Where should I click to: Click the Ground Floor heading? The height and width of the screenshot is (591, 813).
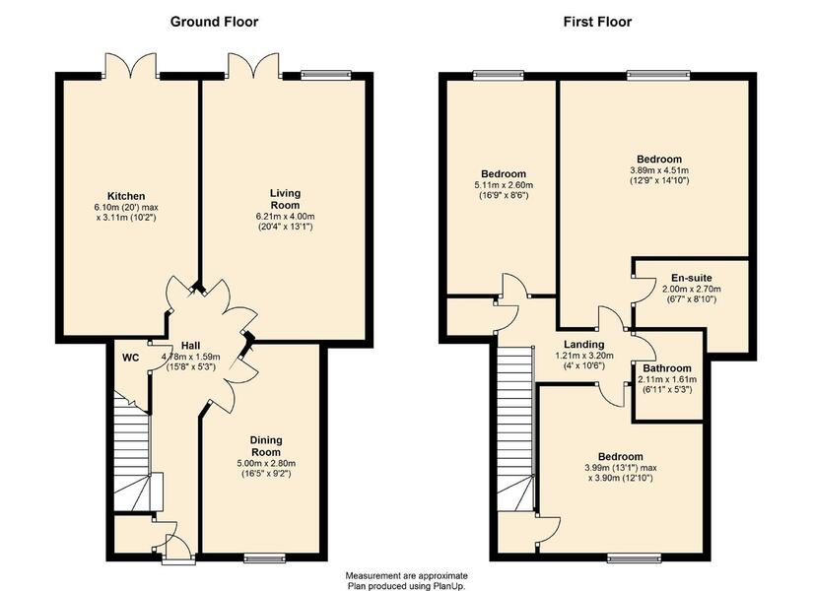click(214, 22)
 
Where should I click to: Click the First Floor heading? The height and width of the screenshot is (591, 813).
click(597, 22)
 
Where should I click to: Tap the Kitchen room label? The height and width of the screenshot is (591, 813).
click(126, 196)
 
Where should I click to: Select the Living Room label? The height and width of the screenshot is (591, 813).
click(285, 199)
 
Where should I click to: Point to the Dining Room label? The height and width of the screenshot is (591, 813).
click(266, 446)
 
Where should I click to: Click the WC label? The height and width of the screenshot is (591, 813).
click(131, 358)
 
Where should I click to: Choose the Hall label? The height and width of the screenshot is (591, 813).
click(191, 346)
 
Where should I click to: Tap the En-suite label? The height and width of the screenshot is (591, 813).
click(692, 278)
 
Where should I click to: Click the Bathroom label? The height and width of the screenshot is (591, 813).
click(667, 368)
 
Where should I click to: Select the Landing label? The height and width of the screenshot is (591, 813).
click(583, 344)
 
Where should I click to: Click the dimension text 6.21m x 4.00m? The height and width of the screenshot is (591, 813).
click(285, 216)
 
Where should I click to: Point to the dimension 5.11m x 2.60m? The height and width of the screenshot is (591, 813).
click(504, 185)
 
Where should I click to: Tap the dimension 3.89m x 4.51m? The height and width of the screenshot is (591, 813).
click(659, 170)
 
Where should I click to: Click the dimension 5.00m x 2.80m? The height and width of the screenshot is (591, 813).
click(266, 463)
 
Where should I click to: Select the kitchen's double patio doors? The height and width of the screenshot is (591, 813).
click(132, 66)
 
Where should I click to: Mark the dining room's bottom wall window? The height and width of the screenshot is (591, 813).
click(264, 558)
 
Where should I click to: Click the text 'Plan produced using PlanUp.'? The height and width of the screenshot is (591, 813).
click(406, 586)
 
